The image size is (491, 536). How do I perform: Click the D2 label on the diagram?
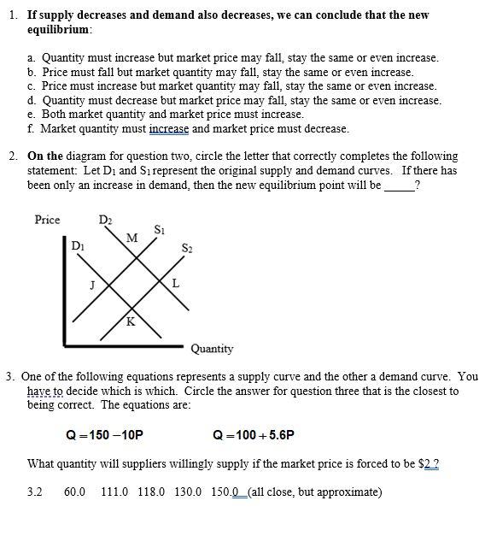(105, 221)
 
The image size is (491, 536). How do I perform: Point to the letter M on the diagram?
(131, 237)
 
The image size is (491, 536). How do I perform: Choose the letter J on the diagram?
(92, 285)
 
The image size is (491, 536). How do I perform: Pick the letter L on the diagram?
(176, 283)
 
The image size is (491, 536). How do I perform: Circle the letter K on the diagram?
(130, 322)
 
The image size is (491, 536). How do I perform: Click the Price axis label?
(47, 220)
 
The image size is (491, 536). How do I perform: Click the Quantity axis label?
(212, 349)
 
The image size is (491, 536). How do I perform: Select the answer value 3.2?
(35, 492)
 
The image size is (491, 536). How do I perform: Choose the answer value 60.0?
(75, 492)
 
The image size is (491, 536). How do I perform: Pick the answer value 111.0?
(114, 492)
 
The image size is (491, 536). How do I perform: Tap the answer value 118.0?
(152, 492)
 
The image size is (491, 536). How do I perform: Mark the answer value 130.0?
(189, 492)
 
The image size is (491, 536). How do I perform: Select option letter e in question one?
(32, 114)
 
